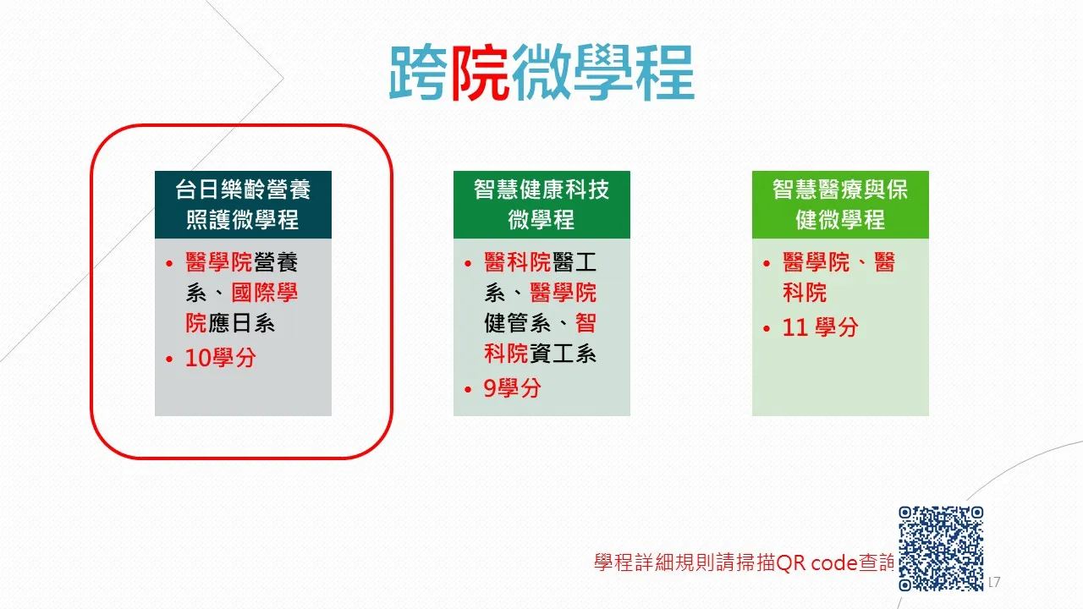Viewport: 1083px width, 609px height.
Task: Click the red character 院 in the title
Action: point(480,73)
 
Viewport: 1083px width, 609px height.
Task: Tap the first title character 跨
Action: point(419,73)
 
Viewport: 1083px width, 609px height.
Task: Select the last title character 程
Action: point(665,73)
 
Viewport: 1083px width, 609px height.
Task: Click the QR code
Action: point(941,548)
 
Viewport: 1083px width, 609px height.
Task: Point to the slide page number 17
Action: point(994,582)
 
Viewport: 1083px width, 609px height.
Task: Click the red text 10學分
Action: point(221,358)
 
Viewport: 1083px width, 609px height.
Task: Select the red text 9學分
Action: point(512,388)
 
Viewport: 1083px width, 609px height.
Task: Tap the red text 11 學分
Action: point(820,327)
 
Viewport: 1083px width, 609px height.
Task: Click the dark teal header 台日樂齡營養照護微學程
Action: point(243,205)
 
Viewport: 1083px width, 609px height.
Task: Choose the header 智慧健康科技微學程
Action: point(541,205)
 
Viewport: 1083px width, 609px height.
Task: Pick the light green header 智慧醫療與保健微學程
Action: point(840,205)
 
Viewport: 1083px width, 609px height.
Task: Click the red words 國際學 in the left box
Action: point(265,293)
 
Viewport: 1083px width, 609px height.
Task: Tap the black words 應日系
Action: point(241,323)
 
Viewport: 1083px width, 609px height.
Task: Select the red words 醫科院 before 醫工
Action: point(517,262)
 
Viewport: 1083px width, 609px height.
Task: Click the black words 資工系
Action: point(563,354)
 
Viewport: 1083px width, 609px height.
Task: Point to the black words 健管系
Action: point(517,323)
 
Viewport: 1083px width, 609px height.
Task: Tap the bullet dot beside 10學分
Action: point(169,359)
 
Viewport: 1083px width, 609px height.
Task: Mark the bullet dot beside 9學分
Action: point(468,389)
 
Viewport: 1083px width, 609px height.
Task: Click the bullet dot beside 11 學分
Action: point(767,329)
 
